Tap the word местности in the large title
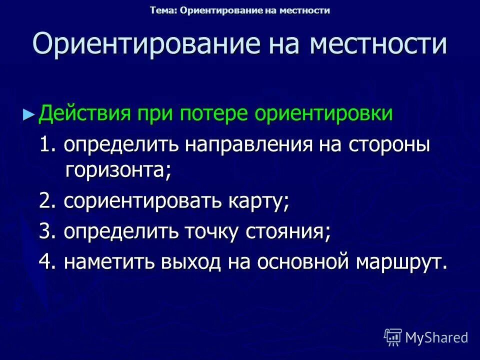(377, 44)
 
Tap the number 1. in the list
(49, 145)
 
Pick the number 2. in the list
(49, 202)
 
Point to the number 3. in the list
(49, 232)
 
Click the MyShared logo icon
(393, 337)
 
